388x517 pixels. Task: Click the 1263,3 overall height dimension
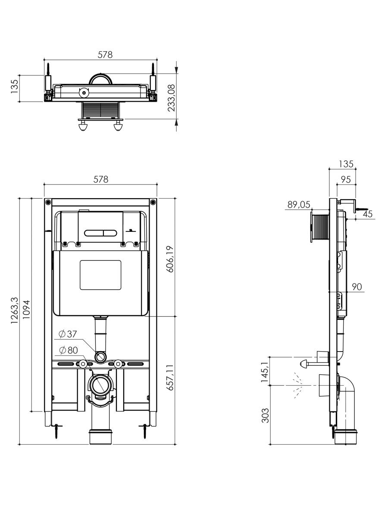point(15,310)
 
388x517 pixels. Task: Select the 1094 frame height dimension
point(26,309)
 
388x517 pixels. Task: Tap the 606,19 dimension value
point(170,259)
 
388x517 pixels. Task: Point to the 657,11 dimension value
point(170,377)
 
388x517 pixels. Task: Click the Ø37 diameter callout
point(68,334)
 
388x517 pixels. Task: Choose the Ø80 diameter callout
point(68,350)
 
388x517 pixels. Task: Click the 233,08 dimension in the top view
point(172,98)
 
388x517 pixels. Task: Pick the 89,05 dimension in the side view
point(299,205)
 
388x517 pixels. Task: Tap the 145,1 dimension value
point(265,372)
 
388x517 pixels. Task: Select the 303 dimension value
point(265,415)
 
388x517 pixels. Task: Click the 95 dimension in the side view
point(346,180)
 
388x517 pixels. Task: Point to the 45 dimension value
point(367,214)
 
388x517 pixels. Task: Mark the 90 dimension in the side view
point(357,287)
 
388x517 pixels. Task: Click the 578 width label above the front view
point(101,180)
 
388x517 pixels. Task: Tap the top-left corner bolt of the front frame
point(48,202)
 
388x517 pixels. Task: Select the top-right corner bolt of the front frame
point(153,202)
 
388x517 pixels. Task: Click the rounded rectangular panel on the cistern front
point(100,275)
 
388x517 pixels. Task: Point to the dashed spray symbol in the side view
point(297,385)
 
